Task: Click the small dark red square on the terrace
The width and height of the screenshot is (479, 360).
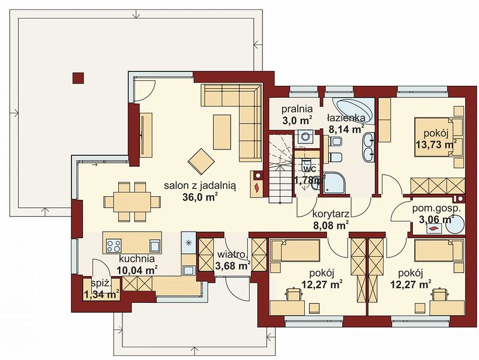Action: click(x=78, y=78)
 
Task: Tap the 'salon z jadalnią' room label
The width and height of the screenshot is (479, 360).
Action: click(x=200, y=185)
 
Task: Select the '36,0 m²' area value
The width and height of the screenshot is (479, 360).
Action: click(x=200, y=197)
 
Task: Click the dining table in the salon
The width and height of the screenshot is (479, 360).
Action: click(x=132, y=202)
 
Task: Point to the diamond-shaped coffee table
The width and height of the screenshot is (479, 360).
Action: click(x=201, y=161)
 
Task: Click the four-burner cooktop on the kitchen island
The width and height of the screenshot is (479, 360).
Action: click(x=113, y=246)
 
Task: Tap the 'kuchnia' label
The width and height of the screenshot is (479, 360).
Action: click(x=136, y=259)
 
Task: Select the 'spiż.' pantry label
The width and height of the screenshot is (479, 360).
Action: click(x=101, y=284)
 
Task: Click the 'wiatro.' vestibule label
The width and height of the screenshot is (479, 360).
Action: click(x=232, y=254)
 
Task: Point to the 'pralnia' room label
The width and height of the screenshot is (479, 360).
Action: click(x=297, y=109)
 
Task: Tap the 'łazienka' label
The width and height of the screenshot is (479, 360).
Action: click(x=346, y=118)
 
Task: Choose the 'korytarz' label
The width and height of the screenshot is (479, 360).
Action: click(x=331, y=214)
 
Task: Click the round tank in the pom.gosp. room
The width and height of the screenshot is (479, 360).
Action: click(x=453, y=226)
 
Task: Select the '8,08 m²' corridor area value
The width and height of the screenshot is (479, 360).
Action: click(x=331, y=226)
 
